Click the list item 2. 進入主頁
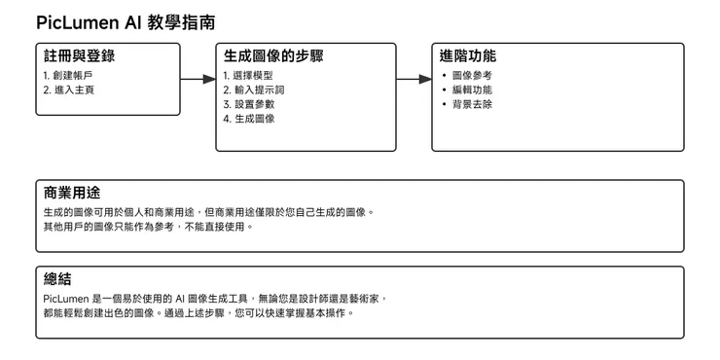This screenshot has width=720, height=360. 70,90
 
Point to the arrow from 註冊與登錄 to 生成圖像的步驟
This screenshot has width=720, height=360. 198,79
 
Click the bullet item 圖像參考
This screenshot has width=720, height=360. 472,75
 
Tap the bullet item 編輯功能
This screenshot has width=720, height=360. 472,90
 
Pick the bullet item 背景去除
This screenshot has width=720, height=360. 472,104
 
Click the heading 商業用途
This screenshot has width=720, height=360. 72,193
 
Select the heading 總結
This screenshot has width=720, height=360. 57,279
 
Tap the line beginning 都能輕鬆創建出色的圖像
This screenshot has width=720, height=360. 195,313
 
